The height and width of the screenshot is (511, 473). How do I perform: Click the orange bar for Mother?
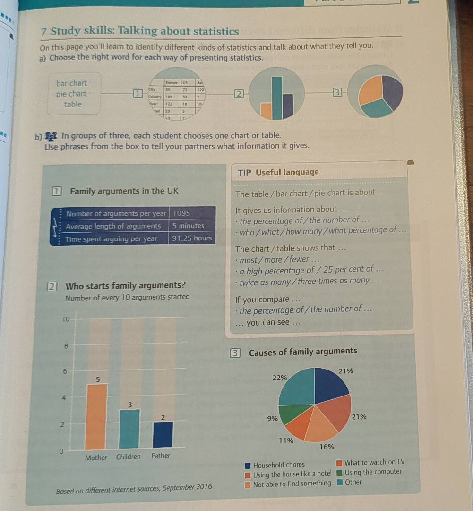click(96, 416)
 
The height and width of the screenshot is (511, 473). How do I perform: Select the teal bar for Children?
click(129, 429)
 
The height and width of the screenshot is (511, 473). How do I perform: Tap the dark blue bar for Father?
click(162, 435)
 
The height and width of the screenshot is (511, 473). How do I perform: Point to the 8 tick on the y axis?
click(66, 346)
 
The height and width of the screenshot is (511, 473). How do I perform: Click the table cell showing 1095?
click(182, 213)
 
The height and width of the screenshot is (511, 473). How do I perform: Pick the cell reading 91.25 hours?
click(192, 238)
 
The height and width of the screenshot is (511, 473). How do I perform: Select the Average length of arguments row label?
click(113, 226)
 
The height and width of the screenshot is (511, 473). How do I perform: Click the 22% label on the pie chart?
click(280, 378)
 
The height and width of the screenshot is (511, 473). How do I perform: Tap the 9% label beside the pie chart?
click(272, 418)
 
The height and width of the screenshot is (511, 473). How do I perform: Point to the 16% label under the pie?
click(327, 447)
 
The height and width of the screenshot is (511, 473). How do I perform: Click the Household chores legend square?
click(247, 465)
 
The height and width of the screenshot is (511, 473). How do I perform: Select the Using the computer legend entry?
click(373, 472)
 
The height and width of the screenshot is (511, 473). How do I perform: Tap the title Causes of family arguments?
click(303, 352)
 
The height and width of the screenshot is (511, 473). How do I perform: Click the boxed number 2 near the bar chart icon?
click(239, 94)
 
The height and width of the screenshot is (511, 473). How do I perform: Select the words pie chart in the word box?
click(71, 94)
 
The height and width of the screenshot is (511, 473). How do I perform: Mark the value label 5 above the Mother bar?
click(98, 379)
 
